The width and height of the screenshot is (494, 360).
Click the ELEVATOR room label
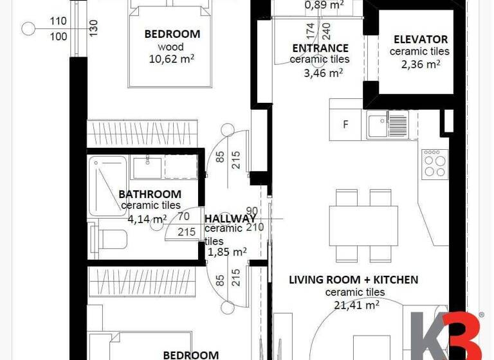420,39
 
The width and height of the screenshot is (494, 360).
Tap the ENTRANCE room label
320,48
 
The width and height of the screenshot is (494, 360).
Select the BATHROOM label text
150,194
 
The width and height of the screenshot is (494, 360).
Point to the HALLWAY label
230,219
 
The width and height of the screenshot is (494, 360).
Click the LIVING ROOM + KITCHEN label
353,280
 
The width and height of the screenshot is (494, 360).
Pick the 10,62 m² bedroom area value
172,60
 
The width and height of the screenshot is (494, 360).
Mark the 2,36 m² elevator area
420,64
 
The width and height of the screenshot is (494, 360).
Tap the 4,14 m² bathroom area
147,219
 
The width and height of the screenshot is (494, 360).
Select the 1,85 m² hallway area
227,252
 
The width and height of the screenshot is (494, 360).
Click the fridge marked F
345,125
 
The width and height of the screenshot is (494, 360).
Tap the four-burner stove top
434,163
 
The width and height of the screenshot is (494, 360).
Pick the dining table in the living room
362,224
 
